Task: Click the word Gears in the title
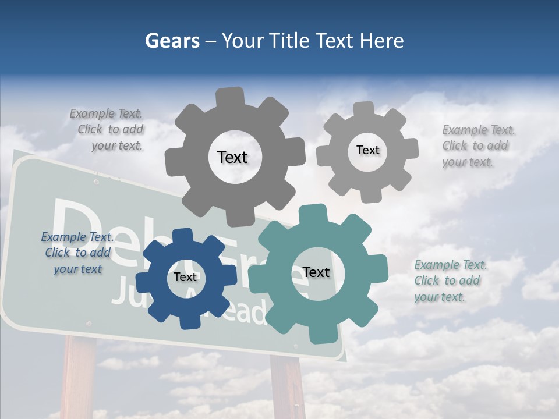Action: (x=171, y=41)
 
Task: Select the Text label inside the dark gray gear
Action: (x=232, y=157)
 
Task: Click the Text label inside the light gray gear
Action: (x=367, y=150)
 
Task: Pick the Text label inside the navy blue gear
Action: (x=185, y=277)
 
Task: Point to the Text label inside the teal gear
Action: (x=316, y=272)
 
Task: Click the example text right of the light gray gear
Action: (x=477, y=145)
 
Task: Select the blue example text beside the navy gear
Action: (x=77, y=253)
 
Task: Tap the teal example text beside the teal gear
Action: (x=450, y=280)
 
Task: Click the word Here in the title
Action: (x=381, y=41)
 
